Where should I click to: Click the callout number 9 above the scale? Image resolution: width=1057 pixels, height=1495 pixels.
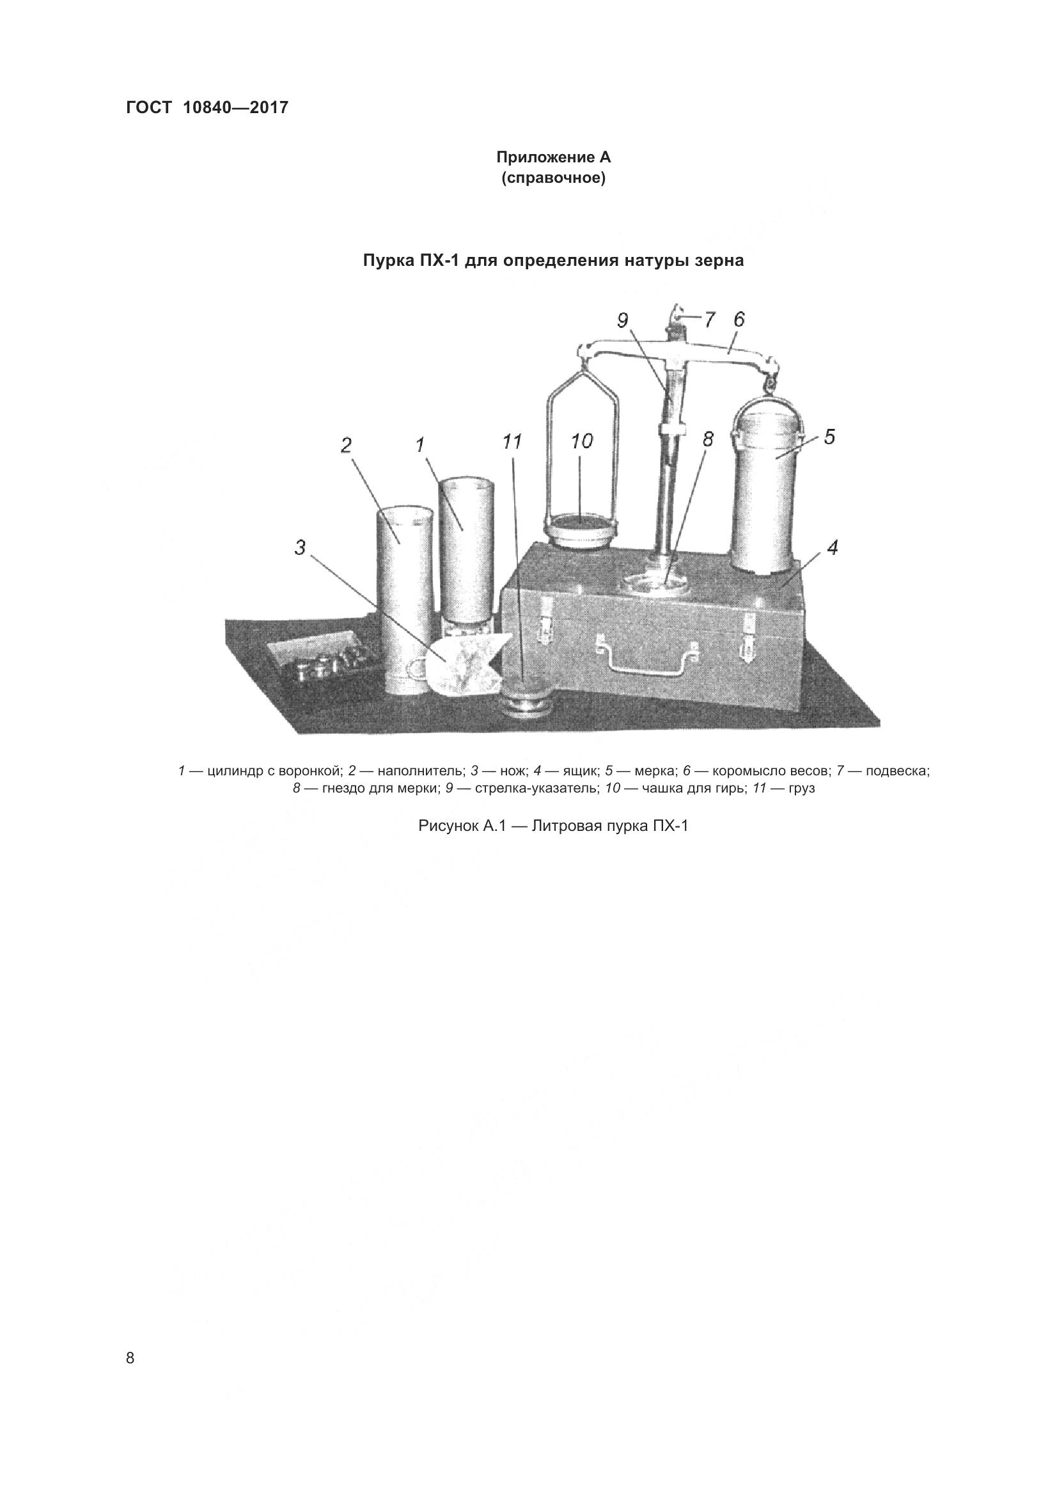[x=623, y=320]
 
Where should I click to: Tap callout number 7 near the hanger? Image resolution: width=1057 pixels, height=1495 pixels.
[x=709, y=320]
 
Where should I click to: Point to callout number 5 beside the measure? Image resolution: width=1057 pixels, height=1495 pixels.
[x=829, y=437]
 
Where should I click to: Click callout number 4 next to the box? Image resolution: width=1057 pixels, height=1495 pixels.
[x=833, y=547]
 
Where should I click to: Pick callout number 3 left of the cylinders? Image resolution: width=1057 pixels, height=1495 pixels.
[x=300, y=548]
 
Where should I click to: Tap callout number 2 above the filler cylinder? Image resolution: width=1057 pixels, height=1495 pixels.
[x=346, y=445]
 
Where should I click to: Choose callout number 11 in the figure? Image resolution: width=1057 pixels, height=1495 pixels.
[x=512, y=442]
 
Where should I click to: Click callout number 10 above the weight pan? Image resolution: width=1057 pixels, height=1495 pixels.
[x=582, y=442]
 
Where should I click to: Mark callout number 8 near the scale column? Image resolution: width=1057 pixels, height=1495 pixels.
[x=709, y=440]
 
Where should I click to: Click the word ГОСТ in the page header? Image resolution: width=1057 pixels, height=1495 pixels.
[x=148, y=108]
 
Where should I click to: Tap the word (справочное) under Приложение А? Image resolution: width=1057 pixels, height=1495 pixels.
[x=554, y=178]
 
